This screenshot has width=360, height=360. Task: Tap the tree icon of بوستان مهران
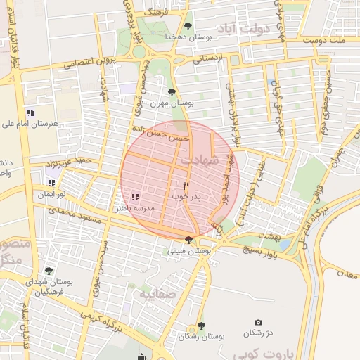(x=172, y=91)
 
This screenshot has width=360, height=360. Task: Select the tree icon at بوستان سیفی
(x=187, y=240)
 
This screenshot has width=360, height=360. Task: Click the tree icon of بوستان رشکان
(x=202, y=325)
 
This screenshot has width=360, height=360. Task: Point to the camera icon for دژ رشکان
(x=258, y=322)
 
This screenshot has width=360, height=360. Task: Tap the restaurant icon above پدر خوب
(x=186, y=186)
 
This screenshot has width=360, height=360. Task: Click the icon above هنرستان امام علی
(x=30, y=112)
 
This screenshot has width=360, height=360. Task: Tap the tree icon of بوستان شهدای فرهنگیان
(x=48, y=270)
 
